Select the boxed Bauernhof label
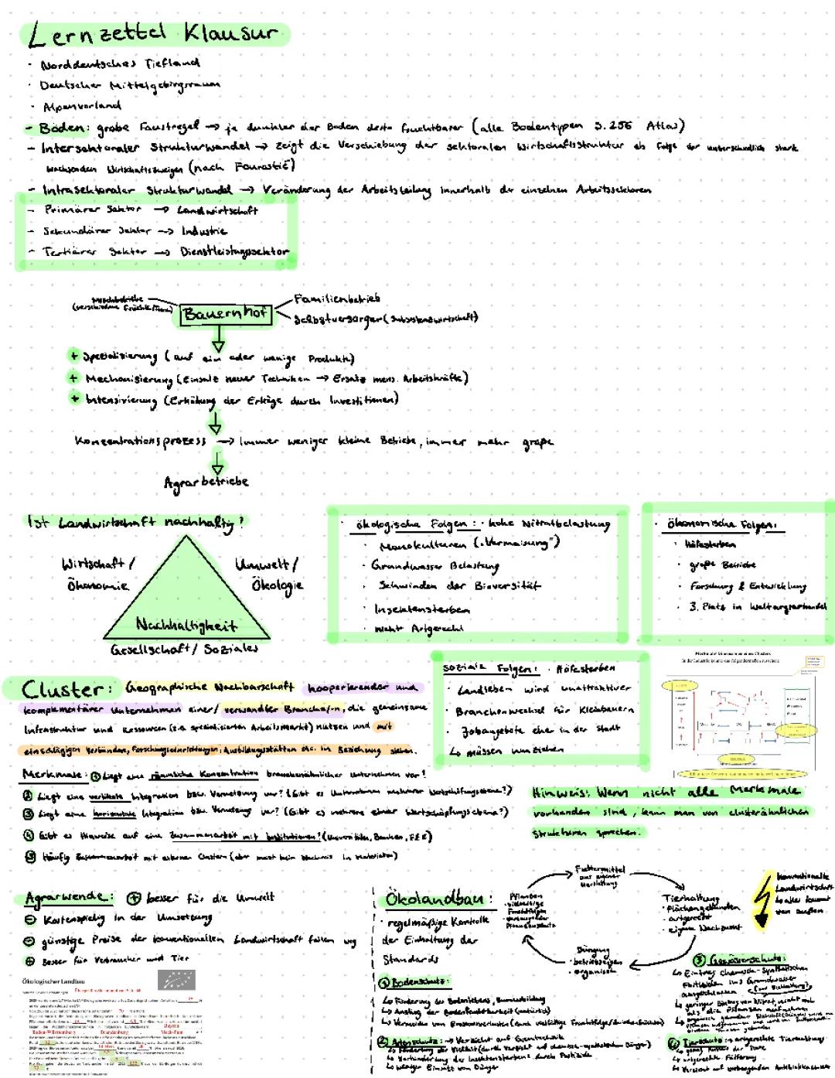pyautogui.click(x=225, y=313)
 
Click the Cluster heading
pyautogui.click(x=62, y=689)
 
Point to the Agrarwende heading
pyautogui.click(x=66, y=898)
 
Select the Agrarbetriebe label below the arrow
pyautogui.click(x=206, y=481)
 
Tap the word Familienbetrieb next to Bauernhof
pyautogui.click(x=337, y=298)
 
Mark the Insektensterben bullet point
pyautogui.click(x=422, y=609)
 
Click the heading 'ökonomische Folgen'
pyautogui.click(x=721, y=525)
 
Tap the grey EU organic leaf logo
pyautogui.click(x=176, y=981)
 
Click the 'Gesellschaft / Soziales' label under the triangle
pyautogui.click(x=184, y=650)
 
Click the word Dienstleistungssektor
pyautogui.click(x=234, y=251)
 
